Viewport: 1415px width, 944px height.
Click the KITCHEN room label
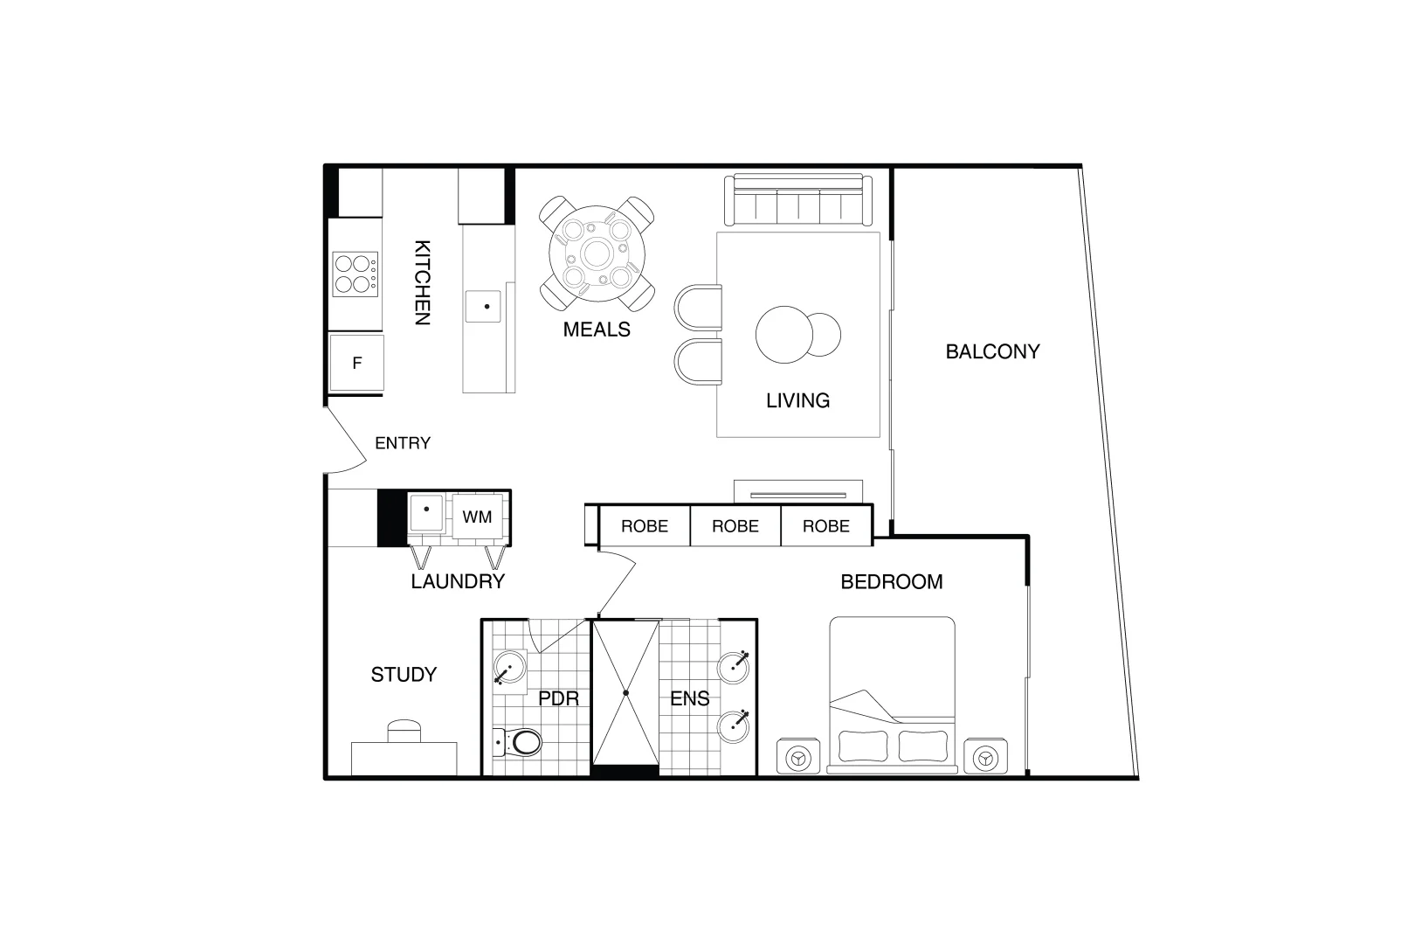[x=422, y=282]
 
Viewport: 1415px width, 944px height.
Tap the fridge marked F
[x=356, y=363]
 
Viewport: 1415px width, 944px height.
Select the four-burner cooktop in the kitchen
[x=355, y=274]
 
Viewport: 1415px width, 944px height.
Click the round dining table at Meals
[x=597, y=254]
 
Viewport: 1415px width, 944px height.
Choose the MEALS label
[x=597, y=330]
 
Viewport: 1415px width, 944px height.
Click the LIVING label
[x=797, y=400]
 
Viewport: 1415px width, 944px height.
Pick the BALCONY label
[x=992, y=351]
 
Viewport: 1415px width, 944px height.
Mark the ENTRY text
[x=403, y=443]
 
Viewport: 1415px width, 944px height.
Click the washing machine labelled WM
[x=477, y=517]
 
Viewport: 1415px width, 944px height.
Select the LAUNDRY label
[x=458, y=581]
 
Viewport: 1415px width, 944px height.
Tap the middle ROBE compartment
[x=735, y=526]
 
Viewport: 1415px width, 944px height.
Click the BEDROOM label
[x=892, y=582]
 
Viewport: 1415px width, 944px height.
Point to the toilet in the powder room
[x=521, y=743]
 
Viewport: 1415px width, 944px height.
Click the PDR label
[x=559, y=699]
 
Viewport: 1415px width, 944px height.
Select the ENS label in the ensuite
[x=689, y=699]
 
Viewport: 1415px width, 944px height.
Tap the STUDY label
[x=404, y=675]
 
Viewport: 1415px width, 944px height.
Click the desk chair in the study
[x=404, y=730]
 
